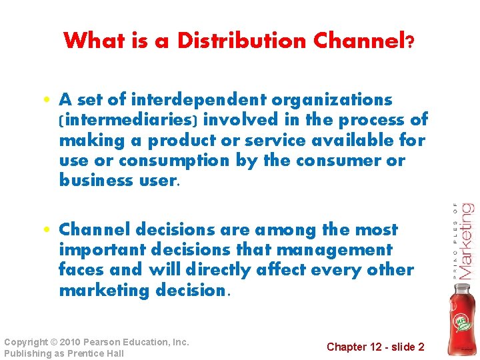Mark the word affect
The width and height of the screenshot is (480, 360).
[297, 270]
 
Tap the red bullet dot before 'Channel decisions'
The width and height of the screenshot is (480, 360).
[49, 231]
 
